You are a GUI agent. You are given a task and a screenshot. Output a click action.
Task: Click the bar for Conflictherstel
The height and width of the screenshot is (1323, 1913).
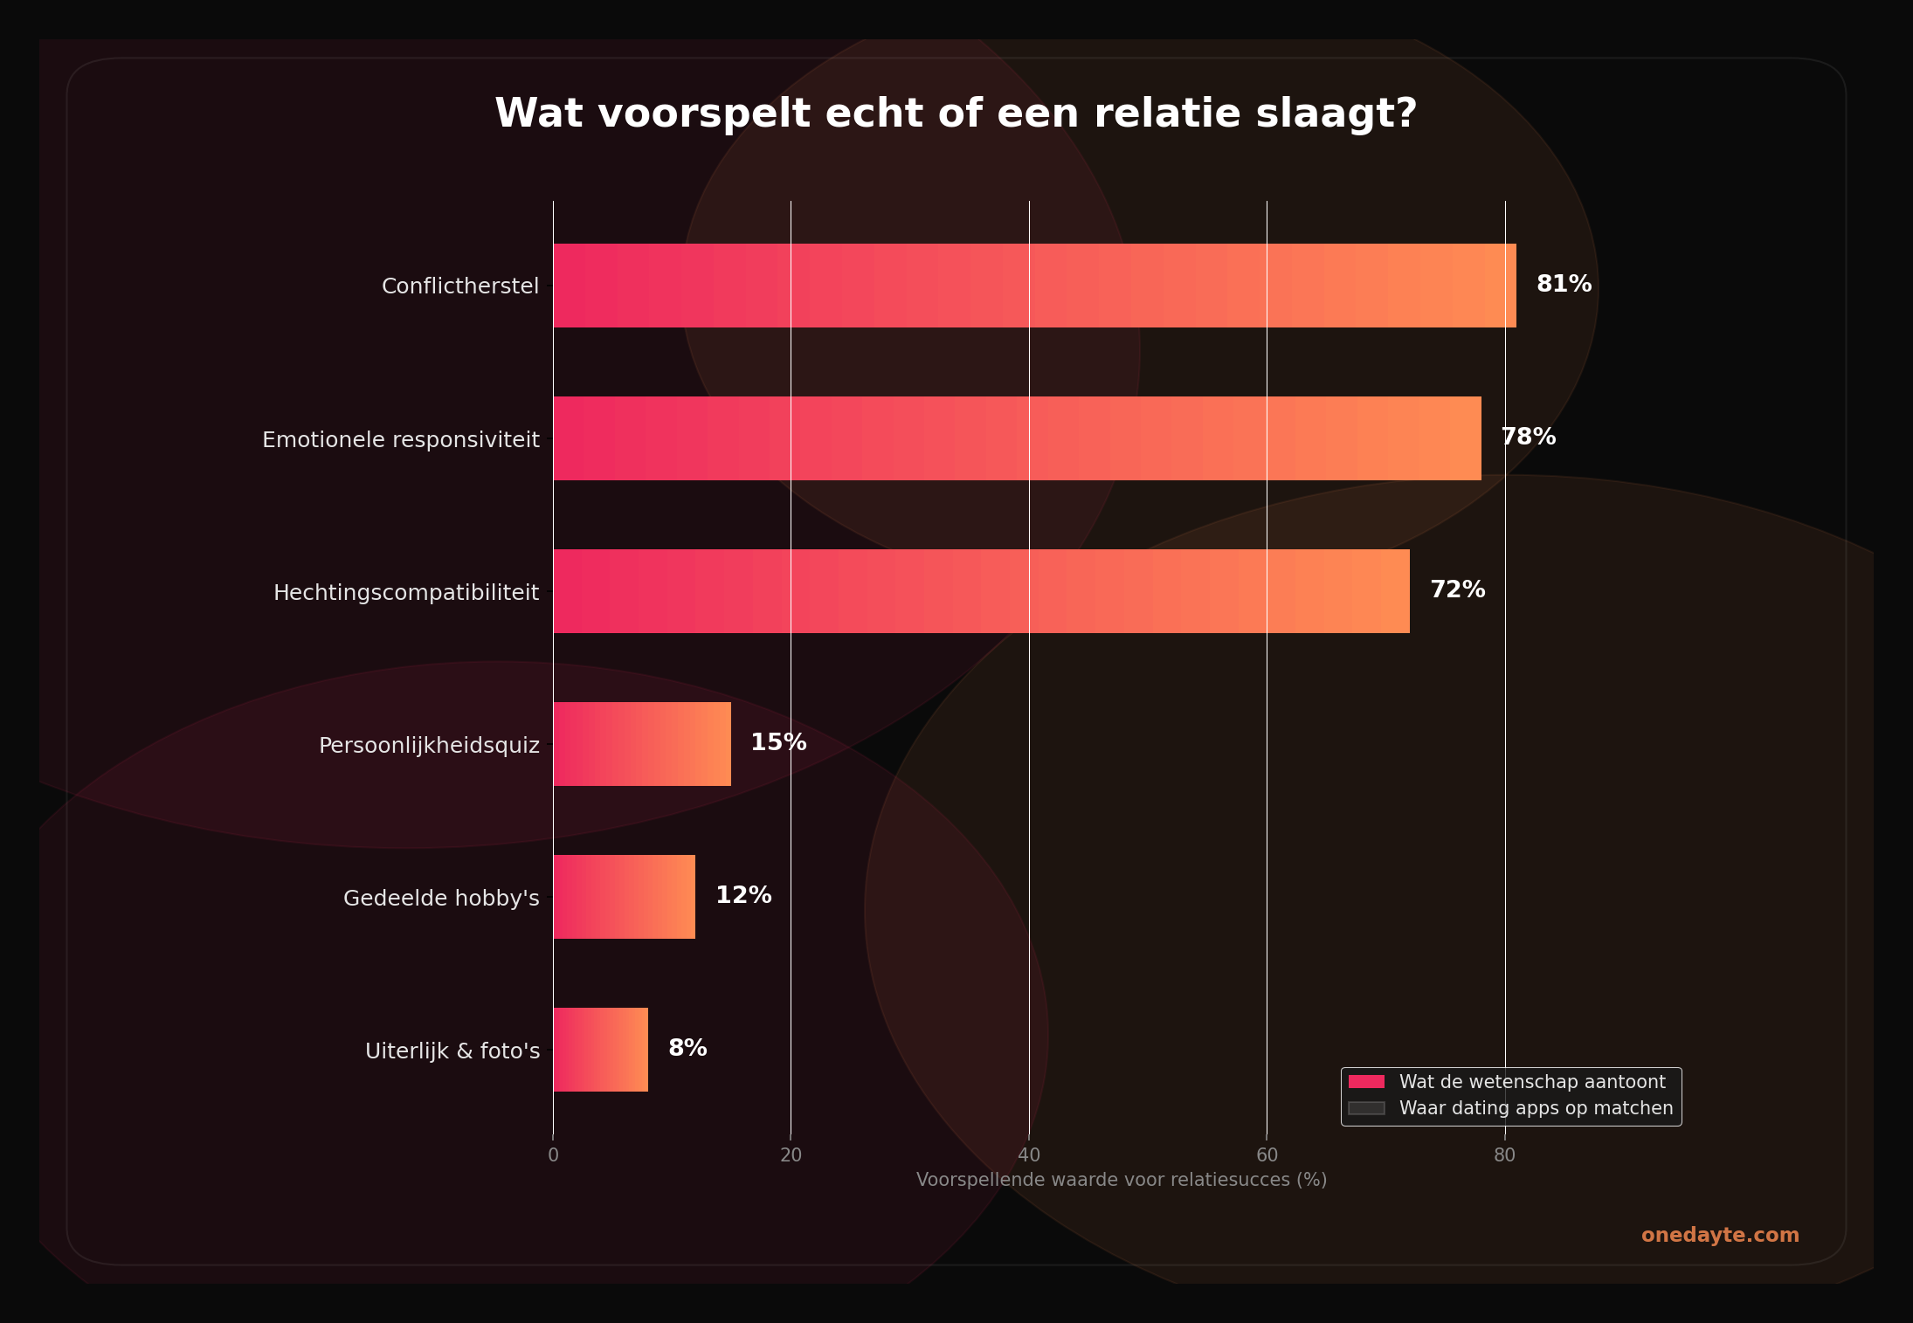(x=1034, y=286)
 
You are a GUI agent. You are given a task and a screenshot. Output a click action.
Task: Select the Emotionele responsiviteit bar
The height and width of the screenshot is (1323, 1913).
(x=1017, y=438)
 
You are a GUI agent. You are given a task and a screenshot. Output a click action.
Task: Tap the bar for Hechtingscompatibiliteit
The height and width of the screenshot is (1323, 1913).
(x=981, y=591)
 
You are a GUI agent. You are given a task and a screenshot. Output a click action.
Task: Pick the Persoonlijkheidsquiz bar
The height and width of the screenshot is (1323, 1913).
(x=642, y=744)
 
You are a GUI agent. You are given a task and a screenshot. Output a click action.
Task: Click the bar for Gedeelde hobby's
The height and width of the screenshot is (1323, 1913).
(x=624, y=897)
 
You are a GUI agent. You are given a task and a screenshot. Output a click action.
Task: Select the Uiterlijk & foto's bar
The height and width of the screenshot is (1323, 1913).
(x=600, y=1050)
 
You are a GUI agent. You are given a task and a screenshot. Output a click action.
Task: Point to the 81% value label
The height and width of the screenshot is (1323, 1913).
(x=1564, y=285)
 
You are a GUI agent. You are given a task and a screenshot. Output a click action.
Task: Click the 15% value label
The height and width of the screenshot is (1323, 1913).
(x=778, y=743)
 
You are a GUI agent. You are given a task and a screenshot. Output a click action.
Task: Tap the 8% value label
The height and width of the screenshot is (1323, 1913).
(x=687, y=1049)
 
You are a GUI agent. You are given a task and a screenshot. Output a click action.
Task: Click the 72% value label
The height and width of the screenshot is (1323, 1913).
(x=1457, y=590)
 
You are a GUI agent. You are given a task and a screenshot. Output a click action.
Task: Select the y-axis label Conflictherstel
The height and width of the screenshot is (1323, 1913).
(x=460, y=286)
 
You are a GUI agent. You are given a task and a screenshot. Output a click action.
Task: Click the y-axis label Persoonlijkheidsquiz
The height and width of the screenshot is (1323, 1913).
(x=429, y=746)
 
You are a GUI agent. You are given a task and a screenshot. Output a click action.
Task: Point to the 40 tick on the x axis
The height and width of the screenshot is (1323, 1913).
(x=1029, y=1155)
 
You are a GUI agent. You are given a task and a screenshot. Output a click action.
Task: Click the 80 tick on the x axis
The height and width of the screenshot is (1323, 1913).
(x=1504, y=1155)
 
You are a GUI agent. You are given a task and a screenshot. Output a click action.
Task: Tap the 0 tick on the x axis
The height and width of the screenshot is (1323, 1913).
(x=553, y=1155)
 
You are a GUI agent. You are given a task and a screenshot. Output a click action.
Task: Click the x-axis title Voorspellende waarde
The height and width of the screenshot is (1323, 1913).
(x=1121, y=1181)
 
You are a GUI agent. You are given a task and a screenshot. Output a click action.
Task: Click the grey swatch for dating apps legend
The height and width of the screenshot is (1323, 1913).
(x=1366, y=1109)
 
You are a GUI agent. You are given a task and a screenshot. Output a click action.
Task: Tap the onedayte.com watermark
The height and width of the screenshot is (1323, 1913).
(x=1719, y=1236)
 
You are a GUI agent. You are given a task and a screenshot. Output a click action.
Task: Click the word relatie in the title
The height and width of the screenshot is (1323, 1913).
(x=1167, y=114)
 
